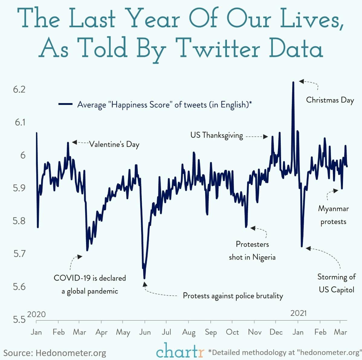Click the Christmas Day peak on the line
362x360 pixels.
293,82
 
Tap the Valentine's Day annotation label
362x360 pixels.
114,144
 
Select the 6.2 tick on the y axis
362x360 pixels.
19,89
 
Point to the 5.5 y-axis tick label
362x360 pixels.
19,319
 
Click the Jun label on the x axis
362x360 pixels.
145,332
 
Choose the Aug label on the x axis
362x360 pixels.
189,332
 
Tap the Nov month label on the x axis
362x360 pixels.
254,332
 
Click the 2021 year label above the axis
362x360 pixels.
298,313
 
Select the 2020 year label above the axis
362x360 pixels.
36,314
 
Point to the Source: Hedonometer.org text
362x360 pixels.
55,353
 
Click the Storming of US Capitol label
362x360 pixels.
336,283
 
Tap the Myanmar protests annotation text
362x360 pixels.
333,215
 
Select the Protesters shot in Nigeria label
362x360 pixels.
252,251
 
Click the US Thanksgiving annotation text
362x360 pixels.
216,135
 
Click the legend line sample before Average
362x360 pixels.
65,104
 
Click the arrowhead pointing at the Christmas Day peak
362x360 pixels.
301,81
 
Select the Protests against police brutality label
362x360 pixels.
233,296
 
